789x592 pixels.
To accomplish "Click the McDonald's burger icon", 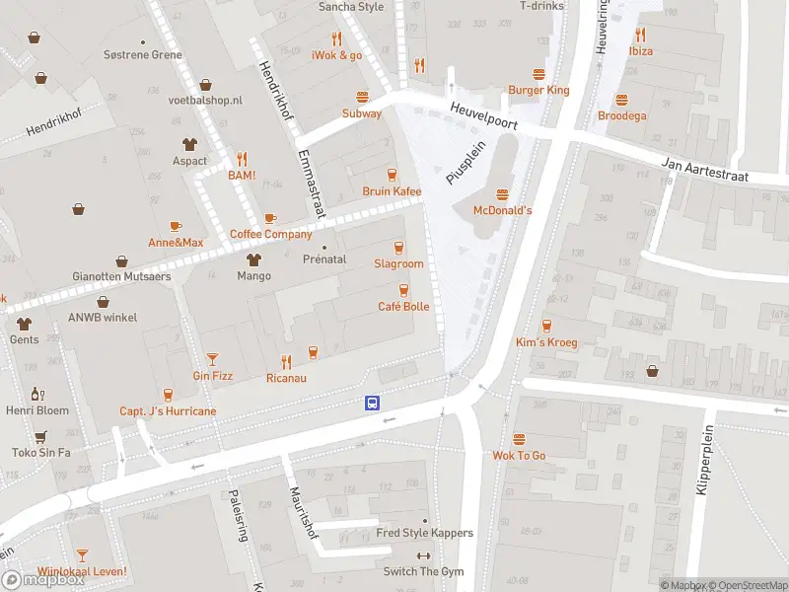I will coord(503,194).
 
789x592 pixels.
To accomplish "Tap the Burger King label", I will coord(538,90).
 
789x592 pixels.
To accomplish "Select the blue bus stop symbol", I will coord(374,403).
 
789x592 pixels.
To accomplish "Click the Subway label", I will coord(362,113).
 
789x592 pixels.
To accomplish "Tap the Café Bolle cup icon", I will coord(403,290).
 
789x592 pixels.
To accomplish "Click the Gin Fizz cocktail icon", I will coord(212,359).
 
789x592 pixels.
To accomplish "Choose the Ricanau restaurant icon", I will coord(286,361).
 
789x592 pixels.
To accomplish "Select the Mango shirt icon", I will coord(253,259).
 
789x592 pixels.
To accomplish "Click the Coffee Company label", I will coord(270,234).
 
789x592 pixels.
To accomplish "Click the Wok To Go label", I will coord(519,455).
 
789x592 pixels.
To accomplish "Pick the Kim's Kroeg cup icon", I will coord(545,326).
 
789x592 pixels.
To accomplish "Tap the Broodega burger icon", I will coord(622,100).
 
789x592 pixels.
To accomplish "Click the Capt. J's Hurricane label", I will coord(168,410).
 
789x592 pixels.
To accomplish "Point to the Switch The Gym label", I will coord(423,572).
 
